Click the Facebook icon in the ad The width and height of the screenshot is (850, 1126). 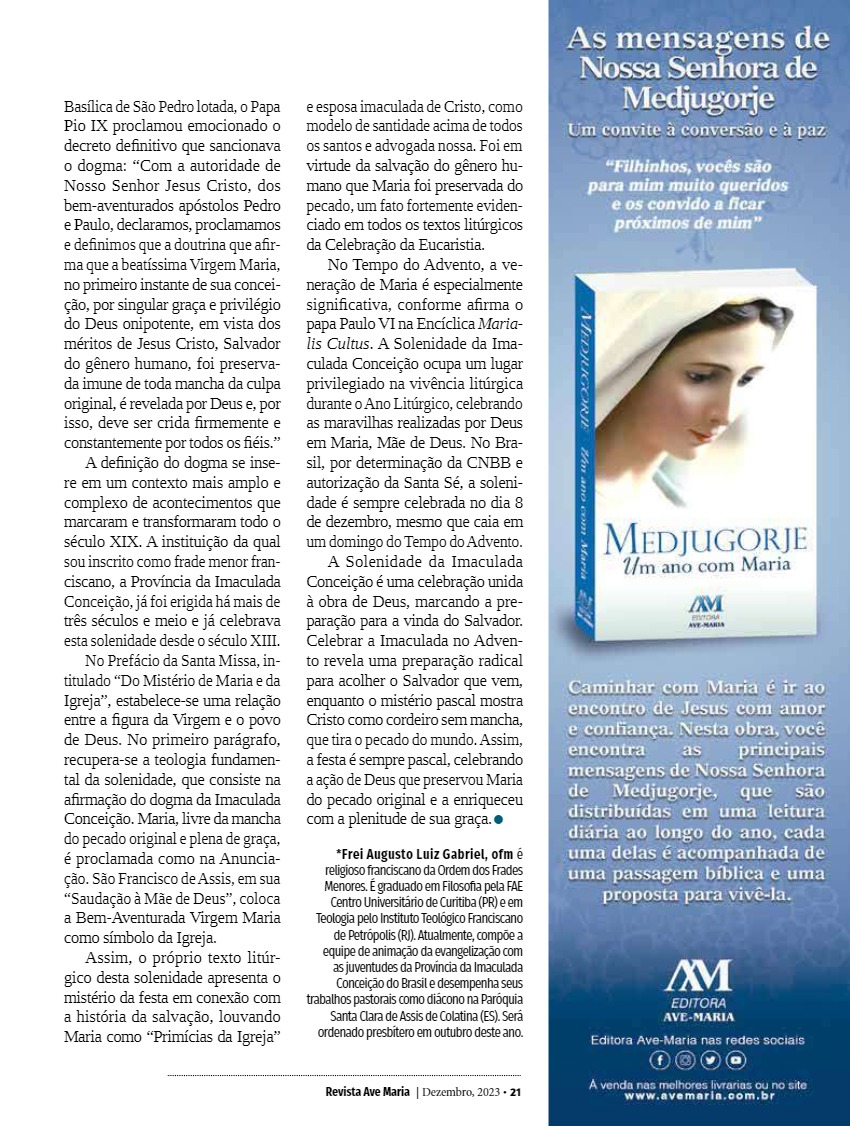pyautogui.click(x=660, y=1059)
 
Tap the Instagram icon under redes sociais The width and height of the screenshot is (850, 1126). pyautogui.click(x=685, y=1059)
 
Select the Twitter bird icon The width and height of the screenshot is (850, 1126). pyautogui.click(x=710, y=1059)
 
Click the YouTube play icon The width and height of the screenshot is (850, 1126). pyautogui.click(x=735, y=1059)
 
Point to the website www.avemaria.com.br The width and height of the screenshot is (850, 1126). pyautogui.click(x=698, y=1095)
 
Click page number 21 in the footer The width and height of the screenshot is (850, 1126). pyautogui.click(x=515, y=1091)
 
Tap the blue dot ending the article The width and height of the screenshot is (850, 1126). pyautogui.click(x=497, y=820)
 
